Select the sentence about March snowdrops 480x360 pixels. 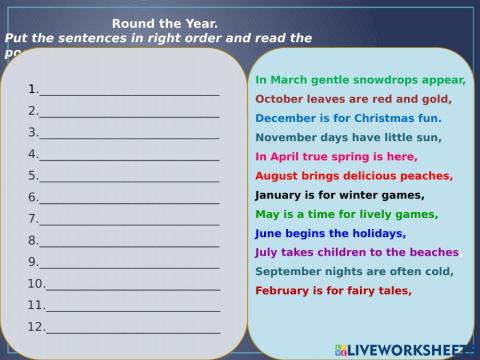click(360, 80)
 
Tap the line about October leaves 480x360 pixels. click(353, 99)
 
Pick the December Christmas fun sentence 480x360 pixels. click(348, 118)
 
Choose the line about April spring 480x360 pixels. click(336, 157)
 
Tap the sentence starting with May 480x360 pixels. click(346, 214)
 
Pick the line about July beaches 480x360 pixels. click(357, 252)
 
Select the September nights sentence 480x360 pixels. click(354, 271)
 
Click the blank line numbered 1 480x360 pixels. click(128, 89)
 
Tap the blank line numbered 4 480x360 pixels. click(128, 155)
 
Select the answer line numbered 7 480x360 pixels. click(128, 220)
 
